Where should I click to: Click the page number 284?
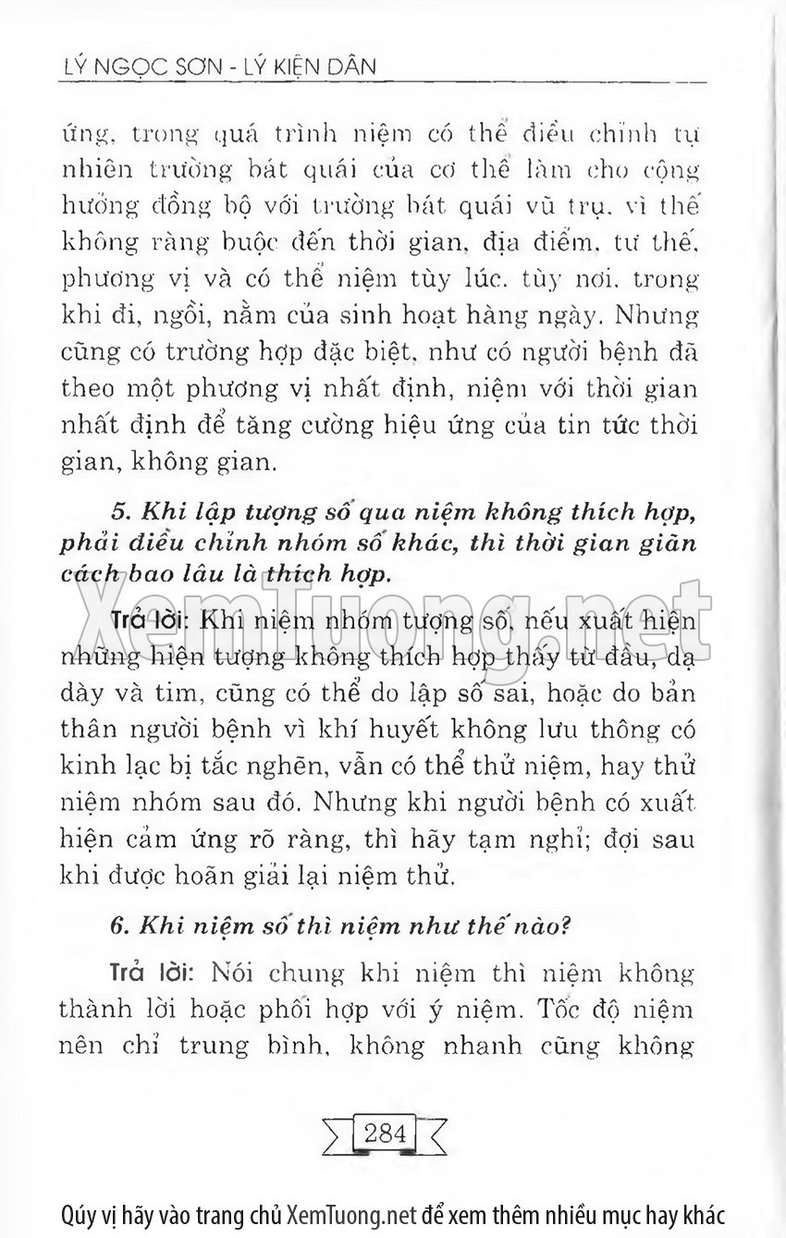[386, 1133]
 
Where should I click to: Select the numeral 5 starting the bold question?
[117, 511]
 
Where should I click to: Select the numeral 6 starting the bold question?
[117, 922]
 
